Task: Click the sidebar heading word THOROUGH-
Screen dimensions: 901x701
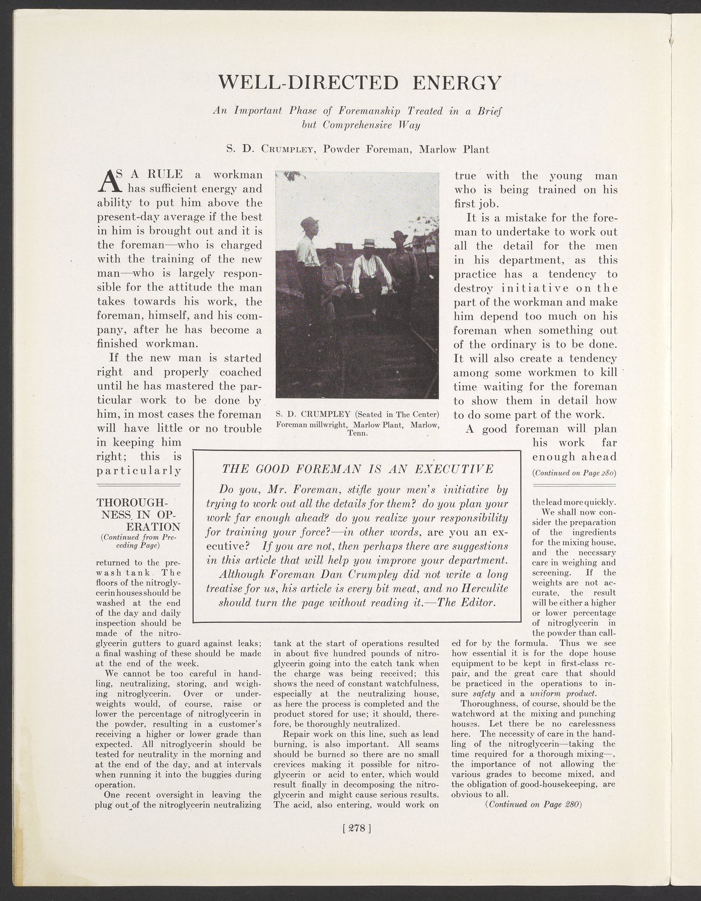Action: click(x=131, y=503)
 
